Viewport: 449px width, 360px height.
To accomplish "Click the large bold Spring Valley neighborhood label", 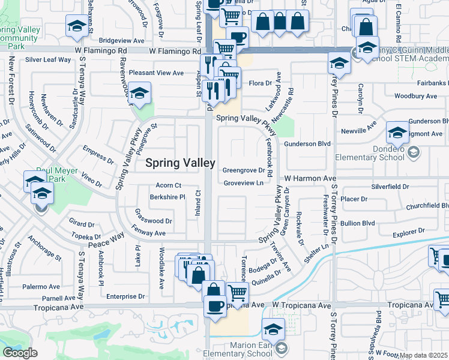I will pos(180,163).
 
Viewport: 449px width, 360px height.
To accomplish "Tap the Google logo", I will pos(20,353).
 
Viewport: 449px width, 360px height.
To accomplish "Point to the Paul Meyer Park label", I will pos(57,175).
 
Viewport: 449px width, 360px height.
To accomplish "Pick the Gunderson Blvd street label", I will pos(307,144).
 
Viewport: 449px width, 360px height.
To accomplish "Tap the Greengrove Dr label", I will pos(244,170).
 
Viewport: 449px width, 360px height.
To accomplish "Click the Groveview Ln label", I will pos(243,183).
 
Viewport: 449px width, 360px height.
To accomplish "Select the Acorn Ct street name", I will pos(168,185).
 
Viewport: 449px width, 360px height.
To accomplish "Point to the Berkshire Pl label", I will pos(167,197).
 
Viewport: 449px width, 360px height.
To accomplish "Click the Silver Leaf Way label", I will pos(48,60).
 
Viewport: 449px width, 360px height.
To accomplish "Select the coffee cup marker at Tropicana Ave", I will pos(214,305).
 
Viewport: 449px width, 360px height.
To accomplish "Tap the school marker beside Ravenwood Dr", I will pos(139,94).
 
